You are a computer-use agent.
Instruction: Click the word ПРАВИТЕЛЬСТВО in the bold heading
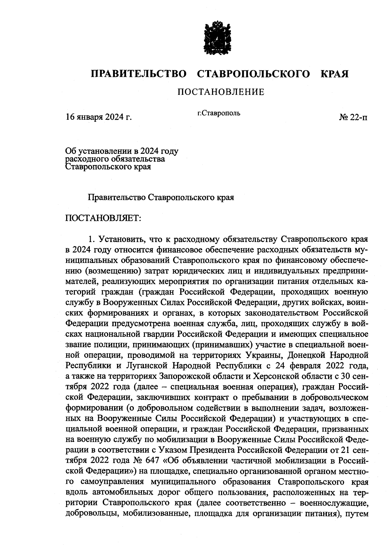[x=139, y=74]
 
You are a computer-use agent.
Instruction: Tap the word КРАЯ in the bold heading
[x=335, y=74]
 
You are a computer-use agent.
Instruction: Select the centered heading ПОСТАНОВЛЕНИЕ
[x=221, y=92]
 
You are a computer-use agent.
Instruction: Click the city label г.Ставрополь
[x=219, y=113]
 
